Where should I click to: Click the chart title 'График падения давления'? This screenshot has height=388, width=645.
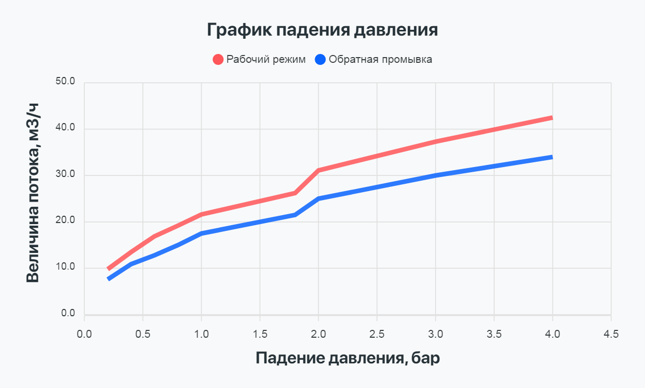pos(322,29)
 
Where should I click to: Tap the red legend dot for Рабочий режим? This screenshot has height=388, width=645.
pos(218,59)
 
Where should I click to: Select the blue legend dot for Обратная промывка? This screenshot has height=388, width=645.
pos(320,59)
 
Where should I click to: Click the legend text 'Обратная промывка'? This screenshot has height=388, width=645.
pos(380,59)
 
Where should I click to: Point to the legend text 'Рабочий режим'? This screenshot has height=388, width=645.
pos(266,59)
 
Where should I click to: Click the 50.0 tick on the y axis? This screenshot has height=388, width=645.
pos(65,82)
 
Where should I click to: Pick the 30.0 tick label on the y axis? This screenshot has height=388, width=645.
pos(65,175)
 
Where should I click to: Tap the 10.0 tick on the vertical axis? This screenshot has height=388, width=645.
pos(65,268)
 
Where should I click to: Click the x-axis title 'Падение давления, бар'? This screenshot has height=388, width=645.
pos(348,358)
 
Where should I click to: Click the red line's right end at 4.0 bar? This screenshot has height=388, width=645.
pos(552,118)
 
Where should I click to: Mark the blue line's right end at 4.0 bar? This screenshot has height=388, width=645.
pos(552,157)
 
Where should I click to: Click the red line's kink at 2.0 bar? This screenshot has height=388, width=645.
pos(318,170)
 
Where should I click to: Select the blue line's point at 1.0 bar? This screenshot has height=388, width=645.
pos(201,234)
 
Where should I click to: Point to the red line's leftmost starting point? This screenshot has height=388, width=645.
pos(108,269)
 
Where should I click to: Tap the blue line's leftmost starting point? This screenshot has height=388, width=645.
pos(108,279)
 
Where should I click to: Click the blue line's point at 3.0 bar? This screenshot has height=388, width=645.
pos(435,175)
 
